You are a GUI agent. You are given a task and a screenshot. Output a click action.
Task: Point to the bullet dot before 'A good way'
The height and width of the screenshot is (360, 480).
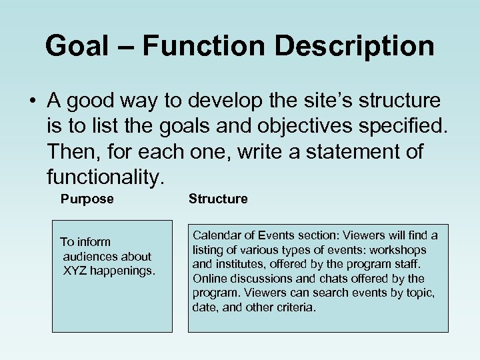pos(32,101)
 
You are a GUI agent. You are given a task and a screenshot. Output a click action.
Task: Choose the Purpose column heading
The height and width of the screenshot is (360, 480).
pos(87,199)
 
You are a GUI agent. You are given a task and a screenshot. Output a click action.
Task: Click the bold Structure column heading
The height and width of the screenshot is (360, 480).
pos(218,199)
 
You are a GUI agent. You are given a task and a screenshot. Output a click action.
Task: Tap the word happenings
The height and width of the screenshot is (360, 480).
pos(125,271)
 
